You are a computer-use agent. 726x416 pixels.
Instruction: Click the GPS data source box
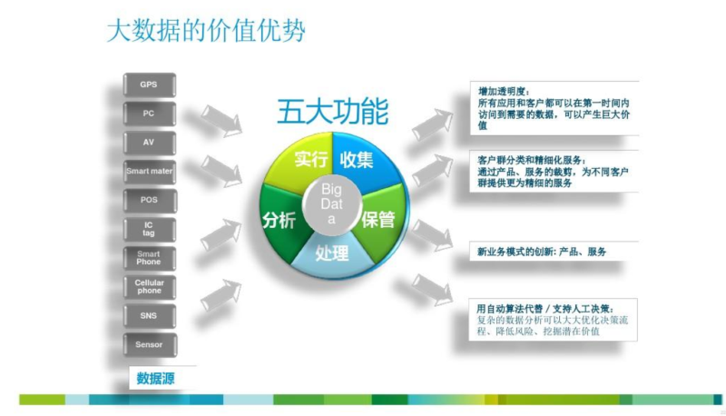click(x=149, y=84)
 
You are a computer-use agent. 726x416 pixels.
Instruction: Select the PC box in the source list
click(x=149, y=114)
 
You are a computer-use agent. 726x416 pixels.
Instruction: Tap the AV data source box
click(x=149, y=143)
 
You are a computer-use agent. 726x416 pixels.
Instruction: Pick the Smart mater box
click(x=149, y=172)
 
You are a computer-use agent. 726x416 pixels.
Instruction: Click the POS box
click(x=149, y=200)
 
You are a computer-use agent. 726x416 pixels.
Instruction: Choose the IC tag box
click(x=149, y=229)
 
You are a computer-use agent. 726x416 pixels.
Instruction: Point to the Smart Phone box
click(x=149, y=258)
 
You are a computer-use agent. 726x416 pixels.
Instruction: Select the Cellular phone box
click(x=149, y=287)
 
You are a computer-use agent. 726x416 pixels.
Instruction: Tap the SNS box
click(x=149, y=316)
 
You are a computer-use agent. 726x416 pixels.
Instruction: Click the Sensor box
click(x=149, y=344)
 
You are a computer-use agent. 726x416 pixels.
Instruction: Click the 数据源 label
click(x=155, y=379)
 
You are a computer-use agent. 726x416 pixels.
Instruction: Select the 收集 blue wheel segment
click(x=364, y=160)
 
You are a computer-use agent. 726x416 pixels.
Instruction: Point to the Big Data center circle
click(x=331, y=204)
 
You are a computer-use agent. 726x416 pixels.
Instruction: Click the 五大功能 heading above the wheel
click(x=332, y=111)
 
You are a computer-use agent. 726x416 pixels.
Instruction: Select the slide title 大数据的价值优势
click(x=206, y=31)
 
